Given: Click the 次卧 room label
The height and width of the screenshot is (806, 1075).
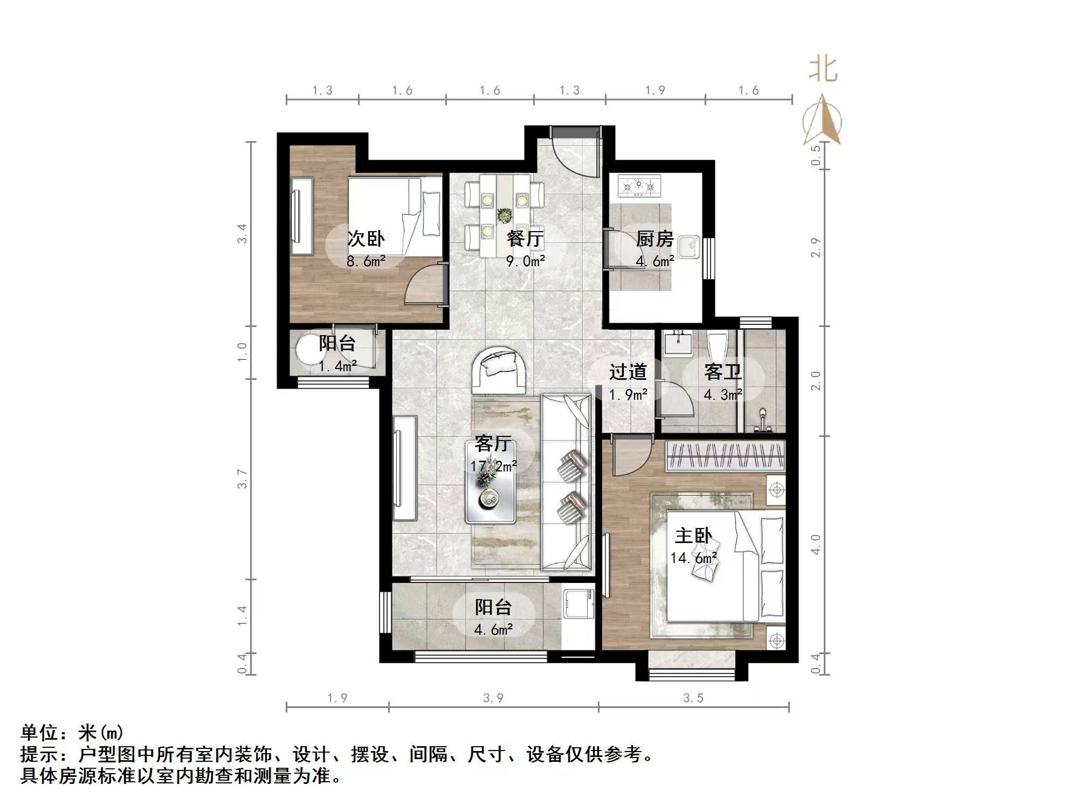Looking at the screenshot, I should [x=366, y=238].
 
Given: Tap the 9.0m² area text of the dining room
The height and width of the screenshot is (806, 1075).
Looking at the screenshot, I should [x=525, y=261].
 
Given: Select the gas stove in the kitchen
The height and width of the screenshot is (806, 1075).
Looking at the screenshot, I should [x=639, y=186].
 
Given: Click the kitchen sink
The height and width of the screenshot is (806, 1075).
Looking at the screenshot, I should [x=688, y=247].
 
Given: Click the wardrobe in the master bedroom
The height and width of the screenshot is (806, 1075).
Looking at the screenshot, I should [x=725, y=456].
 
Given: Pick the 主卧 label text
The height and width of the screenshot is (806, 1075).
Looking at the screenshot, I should [x=693, y=536].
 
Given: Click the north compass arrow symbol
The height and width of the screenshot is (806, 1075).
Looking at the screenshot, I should [x=822, y=120].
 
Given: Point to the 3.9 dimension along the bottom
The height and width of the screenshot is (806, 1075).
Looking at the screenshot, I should [x=493, y=698].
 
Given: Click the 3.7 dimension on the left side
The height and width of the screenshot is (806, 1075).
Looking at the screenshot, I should [x=242, y=478].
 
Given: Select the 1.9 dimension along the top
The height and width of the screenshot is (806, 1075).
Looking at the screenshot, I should [x=655, y=91].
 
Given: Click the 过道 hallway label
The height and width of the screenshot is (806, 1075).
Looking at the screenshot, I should [x=628, y=372].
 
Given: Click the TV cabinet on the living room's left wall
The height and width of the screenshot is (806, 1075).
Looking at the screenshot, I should [x=404, y=468].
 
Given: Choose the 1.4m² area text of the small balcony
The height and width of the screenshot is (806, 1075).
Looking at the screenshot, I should [x=337, y=366].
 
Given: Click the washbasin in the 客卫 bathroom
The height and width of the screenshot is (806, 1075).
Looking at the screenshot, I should [x=678, y=345].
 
